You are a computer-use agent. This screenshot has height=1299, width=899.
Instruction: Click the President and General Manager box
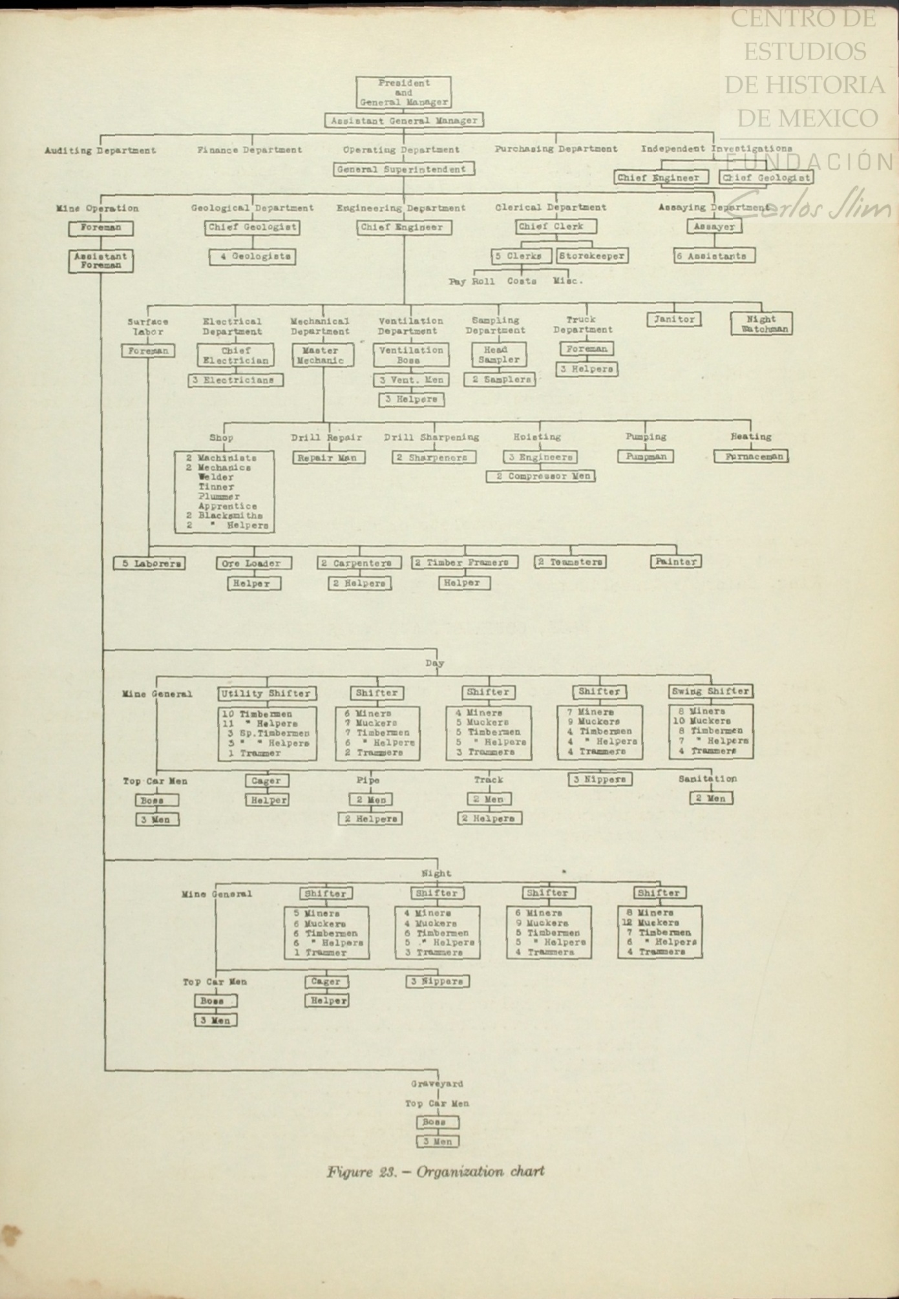click(x=403, y=92)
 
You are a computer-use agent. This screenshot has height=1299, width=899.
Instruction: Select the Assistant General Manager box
click(x=404, y=120)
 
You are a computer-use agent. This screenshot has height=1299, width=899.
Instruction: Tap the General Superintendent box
click(x=404, y=169)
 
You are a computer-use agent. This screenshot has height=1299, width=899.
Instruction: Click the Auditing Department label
click(x=100, y=151)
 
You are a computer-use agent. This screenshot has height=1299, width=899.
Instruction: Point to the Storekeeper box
click(x=592, y=256)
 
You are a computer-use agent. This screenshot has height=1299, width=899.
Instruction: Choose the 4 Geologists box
click(x=252, y=257)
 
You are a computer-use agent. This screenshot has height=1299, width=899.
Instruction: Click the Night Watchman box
click(x=761, y=323)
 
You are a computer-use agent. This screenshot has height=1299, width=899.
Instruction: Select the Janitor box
click(x=674, y=319)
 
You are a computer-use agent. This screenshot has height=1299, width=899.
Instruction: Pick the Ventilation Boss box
click(x=411, y=355)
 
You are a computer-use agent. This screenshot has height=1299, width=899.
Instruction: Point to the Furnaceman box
click(x=751, y=456)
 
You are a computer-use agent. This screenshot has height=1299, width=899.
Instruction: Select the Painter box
click(x=675, y=562)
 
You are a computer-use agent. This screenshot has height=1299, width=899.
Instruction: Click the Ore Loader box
click(x=253, y=564)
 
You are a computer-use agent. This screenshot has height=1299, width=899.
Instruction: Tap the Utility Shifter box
click(x=266, y=693)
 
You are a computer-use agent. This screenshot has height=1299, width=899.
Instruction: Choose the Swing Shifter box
click(x=710, y=692)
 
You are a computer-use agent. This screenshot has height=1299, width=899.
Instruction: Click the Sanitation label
click(x=707, y=779)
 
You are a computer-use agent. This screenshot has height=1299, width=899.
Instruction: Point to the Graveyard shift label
click(x=437, y=1084)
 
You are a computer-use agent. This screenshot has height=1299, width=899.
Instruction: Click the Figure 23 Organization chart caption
click(x=435, y=1172)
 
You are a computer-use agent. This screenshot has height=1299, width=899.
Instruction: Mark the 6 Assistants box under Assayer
click(x=714, y=256)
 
